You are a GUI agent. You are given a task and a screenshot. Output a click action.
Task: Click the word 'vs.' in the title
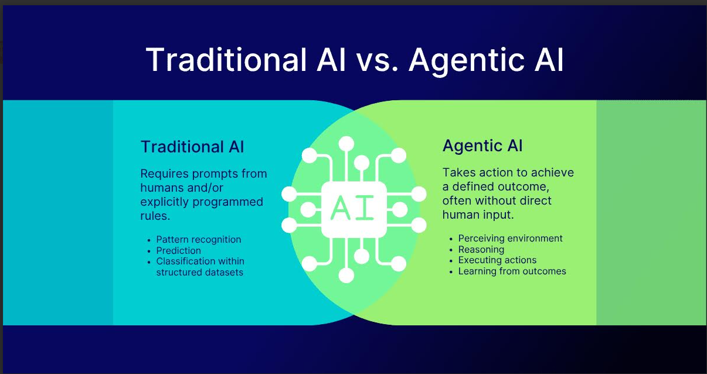point(377,60)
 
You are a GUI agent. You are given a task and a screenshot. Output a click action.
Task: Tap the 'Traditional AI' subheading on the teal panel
point(192,147)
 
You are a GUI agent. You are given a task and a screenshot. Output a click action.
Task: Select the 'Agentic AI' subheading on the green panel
point(482,146)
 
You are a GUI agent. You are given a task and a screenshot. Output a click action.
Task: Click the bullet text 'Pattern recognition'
point(199,240)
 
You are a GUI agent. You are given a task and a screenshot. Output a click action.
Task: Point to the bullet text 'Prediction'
point(178,250)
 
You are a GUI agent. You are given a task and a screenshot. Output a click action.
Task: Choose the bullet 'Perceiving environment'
point(511,238)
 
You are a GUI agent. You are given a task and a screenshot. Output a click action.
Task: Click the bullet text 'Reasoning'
point(481,250)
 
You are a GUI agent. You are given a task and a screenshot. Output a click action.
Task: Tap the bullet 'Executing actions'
point(497,260)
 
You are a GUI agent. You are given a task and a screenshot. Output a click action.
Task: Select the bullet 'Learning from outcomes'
point(512,271)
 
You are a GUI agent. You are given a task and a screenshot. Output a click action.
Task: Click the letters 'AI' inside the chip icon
point(352,208)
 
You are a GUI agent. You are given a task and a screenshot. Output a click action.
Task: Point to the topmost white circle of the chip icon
point(346,144)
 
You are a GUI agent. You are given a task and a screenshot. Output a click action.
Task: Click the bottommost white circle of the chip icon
point(346,275)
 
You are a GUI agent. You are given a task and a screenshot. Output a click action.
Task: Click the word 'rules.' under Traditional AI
point(155,216)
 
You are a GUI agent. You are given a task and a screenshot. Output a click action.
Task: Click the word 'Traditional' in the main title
point(226,60)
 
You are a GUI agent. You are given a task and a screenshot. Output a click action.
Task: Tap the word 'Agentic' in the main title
point(467,61)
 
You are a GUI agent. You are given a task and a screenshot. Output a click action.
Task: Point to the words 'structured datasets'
point(199,273)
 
